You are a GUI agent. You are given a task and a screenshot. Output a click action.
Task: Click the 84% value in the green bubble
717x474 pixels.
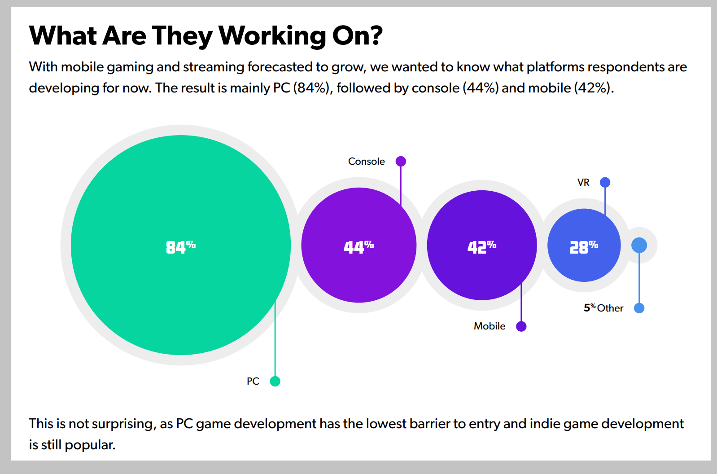180,246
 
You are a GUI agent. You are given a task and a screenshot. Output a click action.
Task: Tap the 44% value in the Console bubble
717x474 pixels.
358,246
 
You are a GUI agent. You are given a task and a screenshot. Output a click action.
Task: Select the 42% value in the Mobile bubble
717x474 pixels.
481,246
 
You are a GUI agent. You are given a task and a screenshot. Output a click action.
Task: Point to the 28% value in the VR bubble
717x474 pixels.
583,246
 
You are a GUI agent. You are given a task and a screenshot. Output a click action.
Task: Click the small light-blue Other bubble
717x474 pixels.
639,245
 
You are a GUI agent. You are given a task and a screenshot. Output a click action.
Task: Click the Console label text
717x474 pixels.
366,162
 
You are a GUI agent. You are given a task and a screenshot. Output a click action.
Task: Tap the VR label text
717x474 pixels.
583,183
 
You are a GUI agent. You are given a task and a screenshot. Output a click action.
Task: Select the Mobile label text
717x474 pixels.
489,326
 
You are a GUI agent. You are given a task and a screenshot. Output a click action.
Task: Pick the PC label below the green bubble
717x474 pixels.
253,382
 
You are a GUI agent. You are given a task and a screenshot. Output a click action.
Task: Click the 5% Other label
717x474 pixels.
603,308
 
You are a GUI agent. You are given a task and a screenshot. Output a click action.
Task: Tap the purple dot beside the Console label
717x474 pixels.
401,161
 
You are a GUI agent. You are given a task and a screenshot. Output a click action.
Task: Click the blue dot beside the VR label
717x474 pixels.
605,182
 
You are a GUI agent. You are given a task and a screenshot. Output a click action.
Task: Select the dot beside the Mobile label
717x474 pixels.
521,326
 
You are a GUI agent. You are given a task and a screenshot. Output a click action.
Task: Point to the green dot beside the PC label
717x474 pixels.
275,381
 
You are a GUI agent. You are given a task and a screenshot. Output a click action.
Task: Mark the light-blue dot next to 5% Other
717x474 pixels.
639,308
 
